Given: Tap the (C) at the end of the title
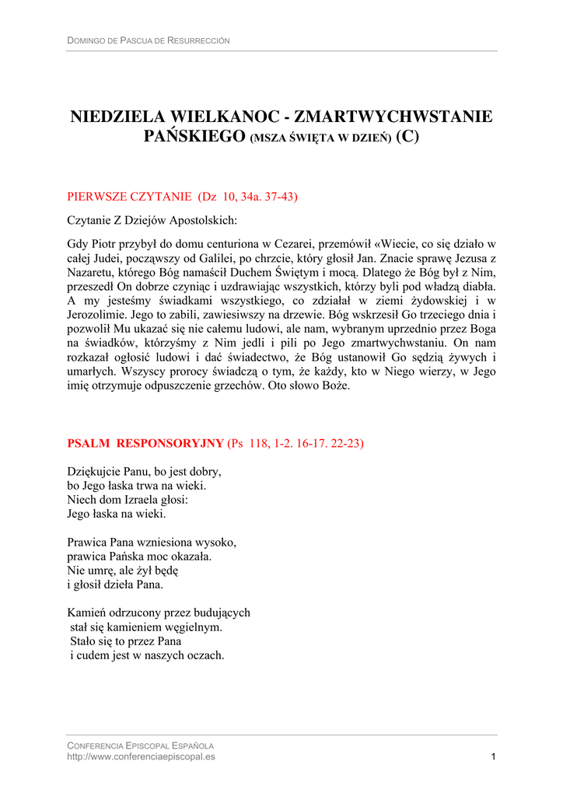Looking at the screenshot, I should click(407, 138).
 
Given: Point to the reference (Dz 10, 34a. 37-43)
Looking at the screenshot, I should click(248, 197).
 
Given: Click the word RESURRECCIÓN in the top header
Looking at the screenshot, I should click(201, 40).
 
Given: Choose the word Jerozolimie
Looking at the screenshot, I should click(97, 316).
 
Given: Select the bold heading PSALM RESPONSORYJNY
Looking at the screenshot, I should click(145, 444).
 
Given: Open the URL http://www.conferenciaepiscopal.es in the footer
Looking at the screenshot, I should click(142, 756).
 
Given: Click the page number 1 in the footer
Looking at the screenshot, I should click(494, 756).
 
